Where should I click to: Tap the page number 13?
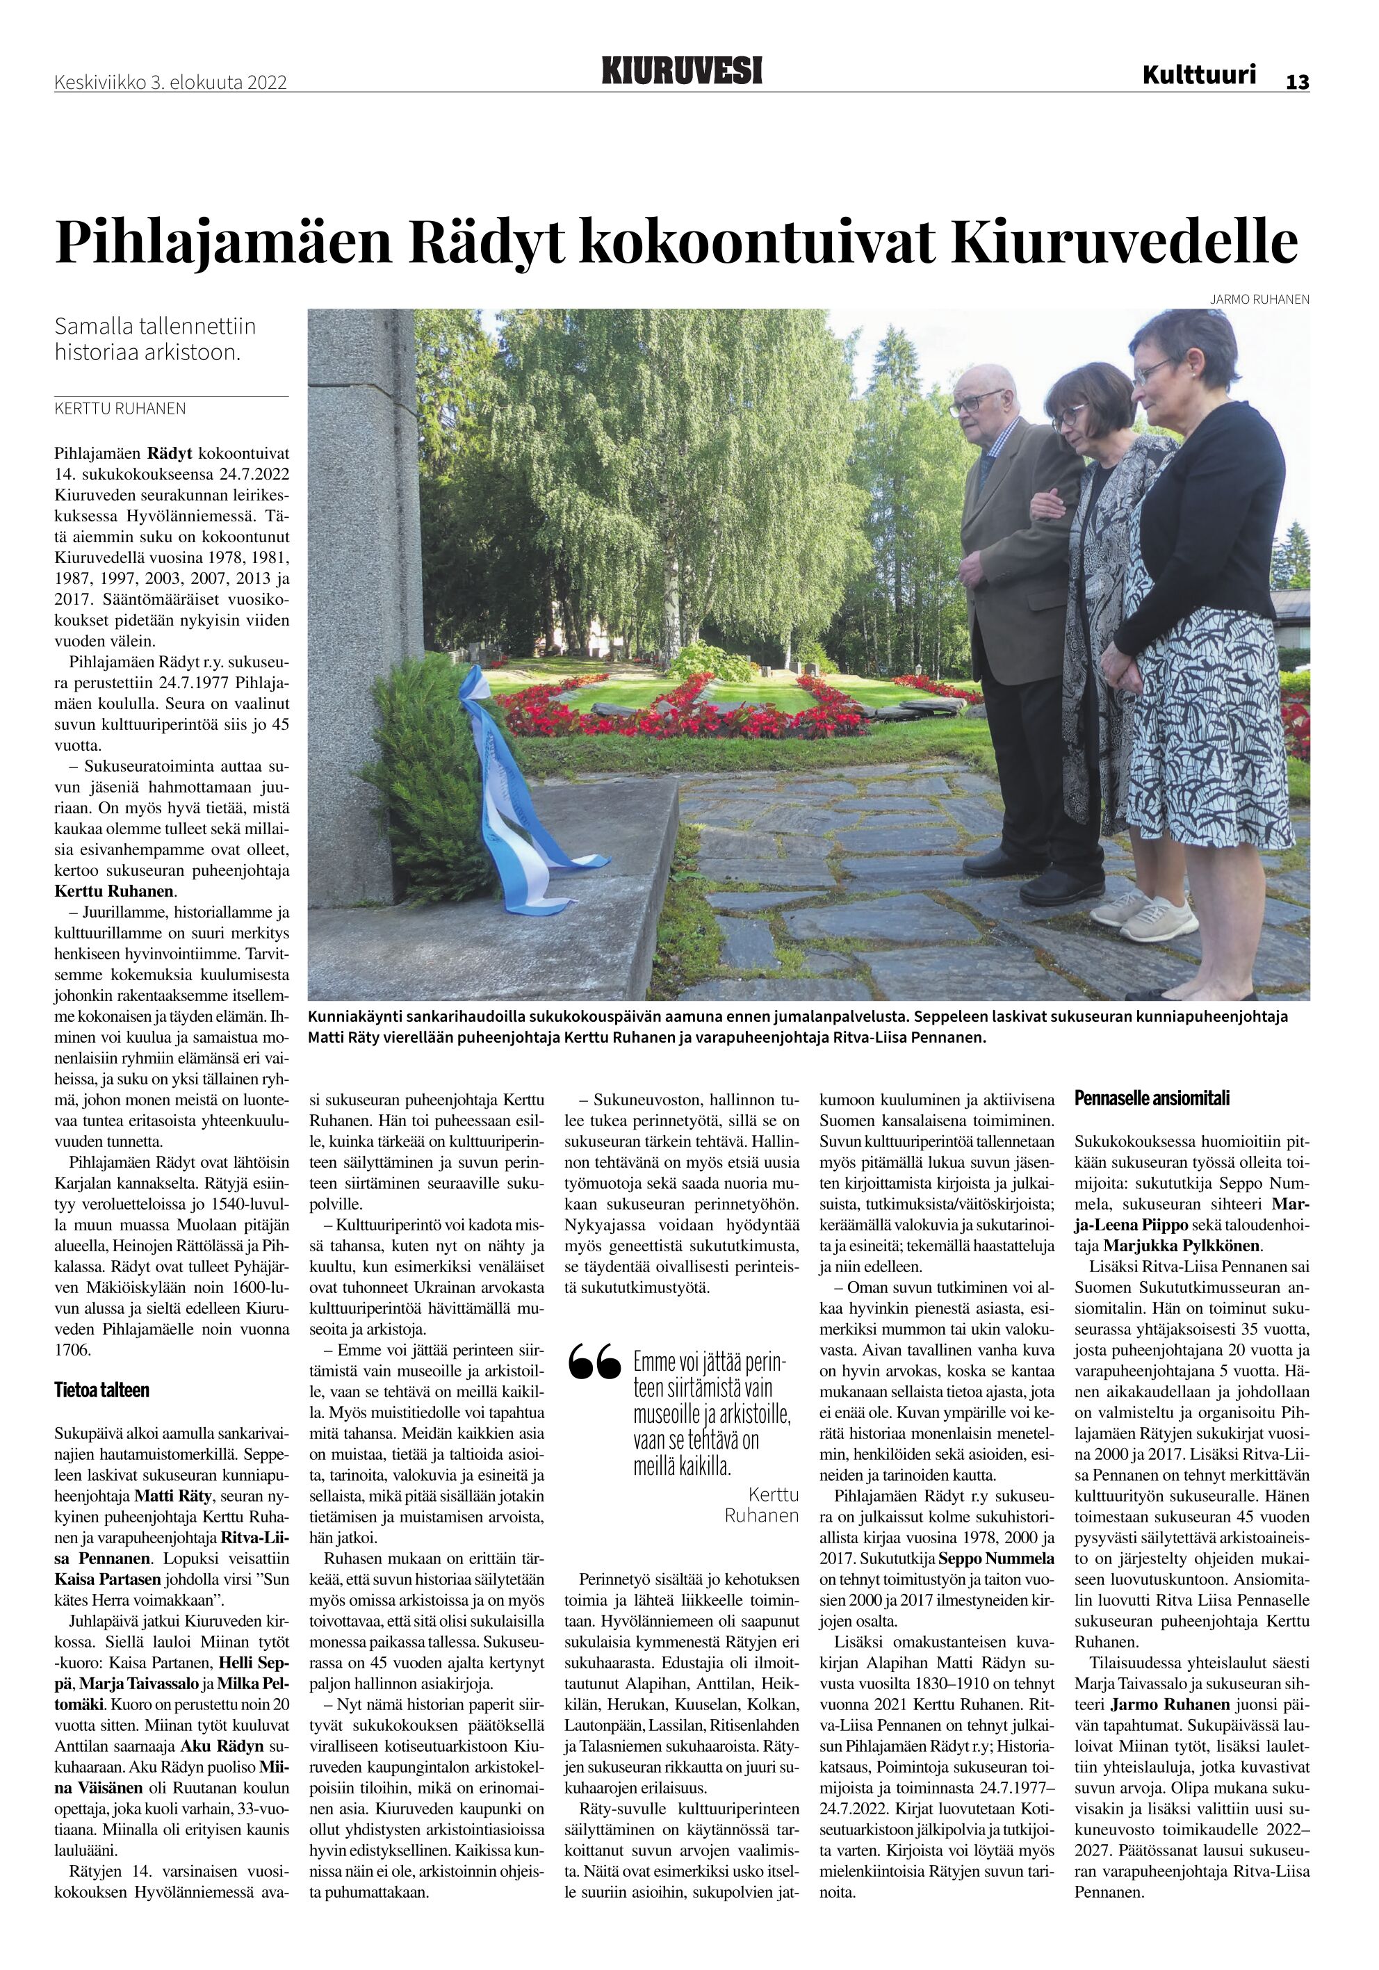click(x=1296, y=81)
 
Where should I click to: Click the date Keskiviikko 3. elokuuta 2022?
click(x=170, y=82)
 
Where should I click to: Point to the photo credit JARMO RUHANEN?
click(x=1259, y=300)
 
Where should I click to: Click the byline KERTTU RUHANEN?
click(x=120, y=409)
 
